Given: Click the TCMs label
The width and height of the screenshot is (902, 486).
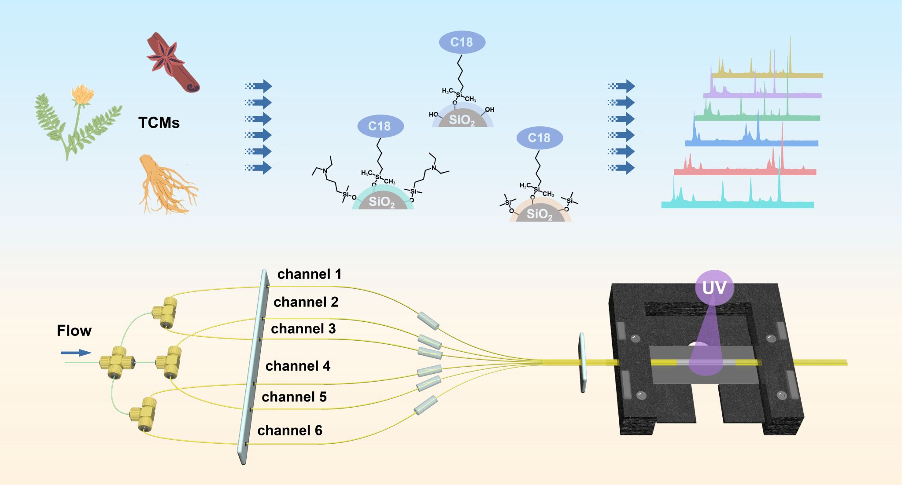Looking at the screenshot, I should click(159, 123).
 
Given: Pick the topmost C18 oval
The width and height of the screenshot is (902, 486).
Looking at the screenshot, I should click(462, 42).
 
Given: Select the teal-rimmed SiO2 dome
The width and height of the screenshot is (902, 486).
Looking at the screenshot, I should click(382, 201).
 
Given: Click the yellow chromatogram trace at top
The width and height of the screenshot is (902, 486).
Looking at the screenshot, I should click(766, 73).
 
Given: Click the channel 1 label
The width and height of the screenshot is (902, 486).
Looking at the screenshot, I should click(309, 274).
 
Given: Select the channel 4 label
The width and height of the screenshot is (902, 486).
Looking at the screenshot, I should click(298, 366).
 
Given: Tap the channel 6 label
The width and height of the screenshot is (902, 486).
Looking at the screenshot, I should click(290, 430).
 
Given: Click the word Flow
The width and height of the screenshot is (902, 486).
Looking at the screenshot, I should click(74, 331).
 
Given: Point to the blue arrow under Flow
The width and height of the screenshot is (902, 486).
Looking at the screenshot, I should click(76, 353).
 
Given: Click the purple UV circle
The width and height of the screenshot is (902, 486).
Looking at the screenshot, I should click(714, 288).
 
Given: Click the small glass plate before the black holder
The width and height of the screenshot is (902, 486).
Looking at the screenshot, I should click(582, 363).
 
